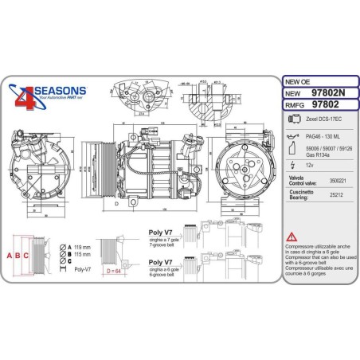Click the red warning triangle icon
(x=292, y=237)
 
